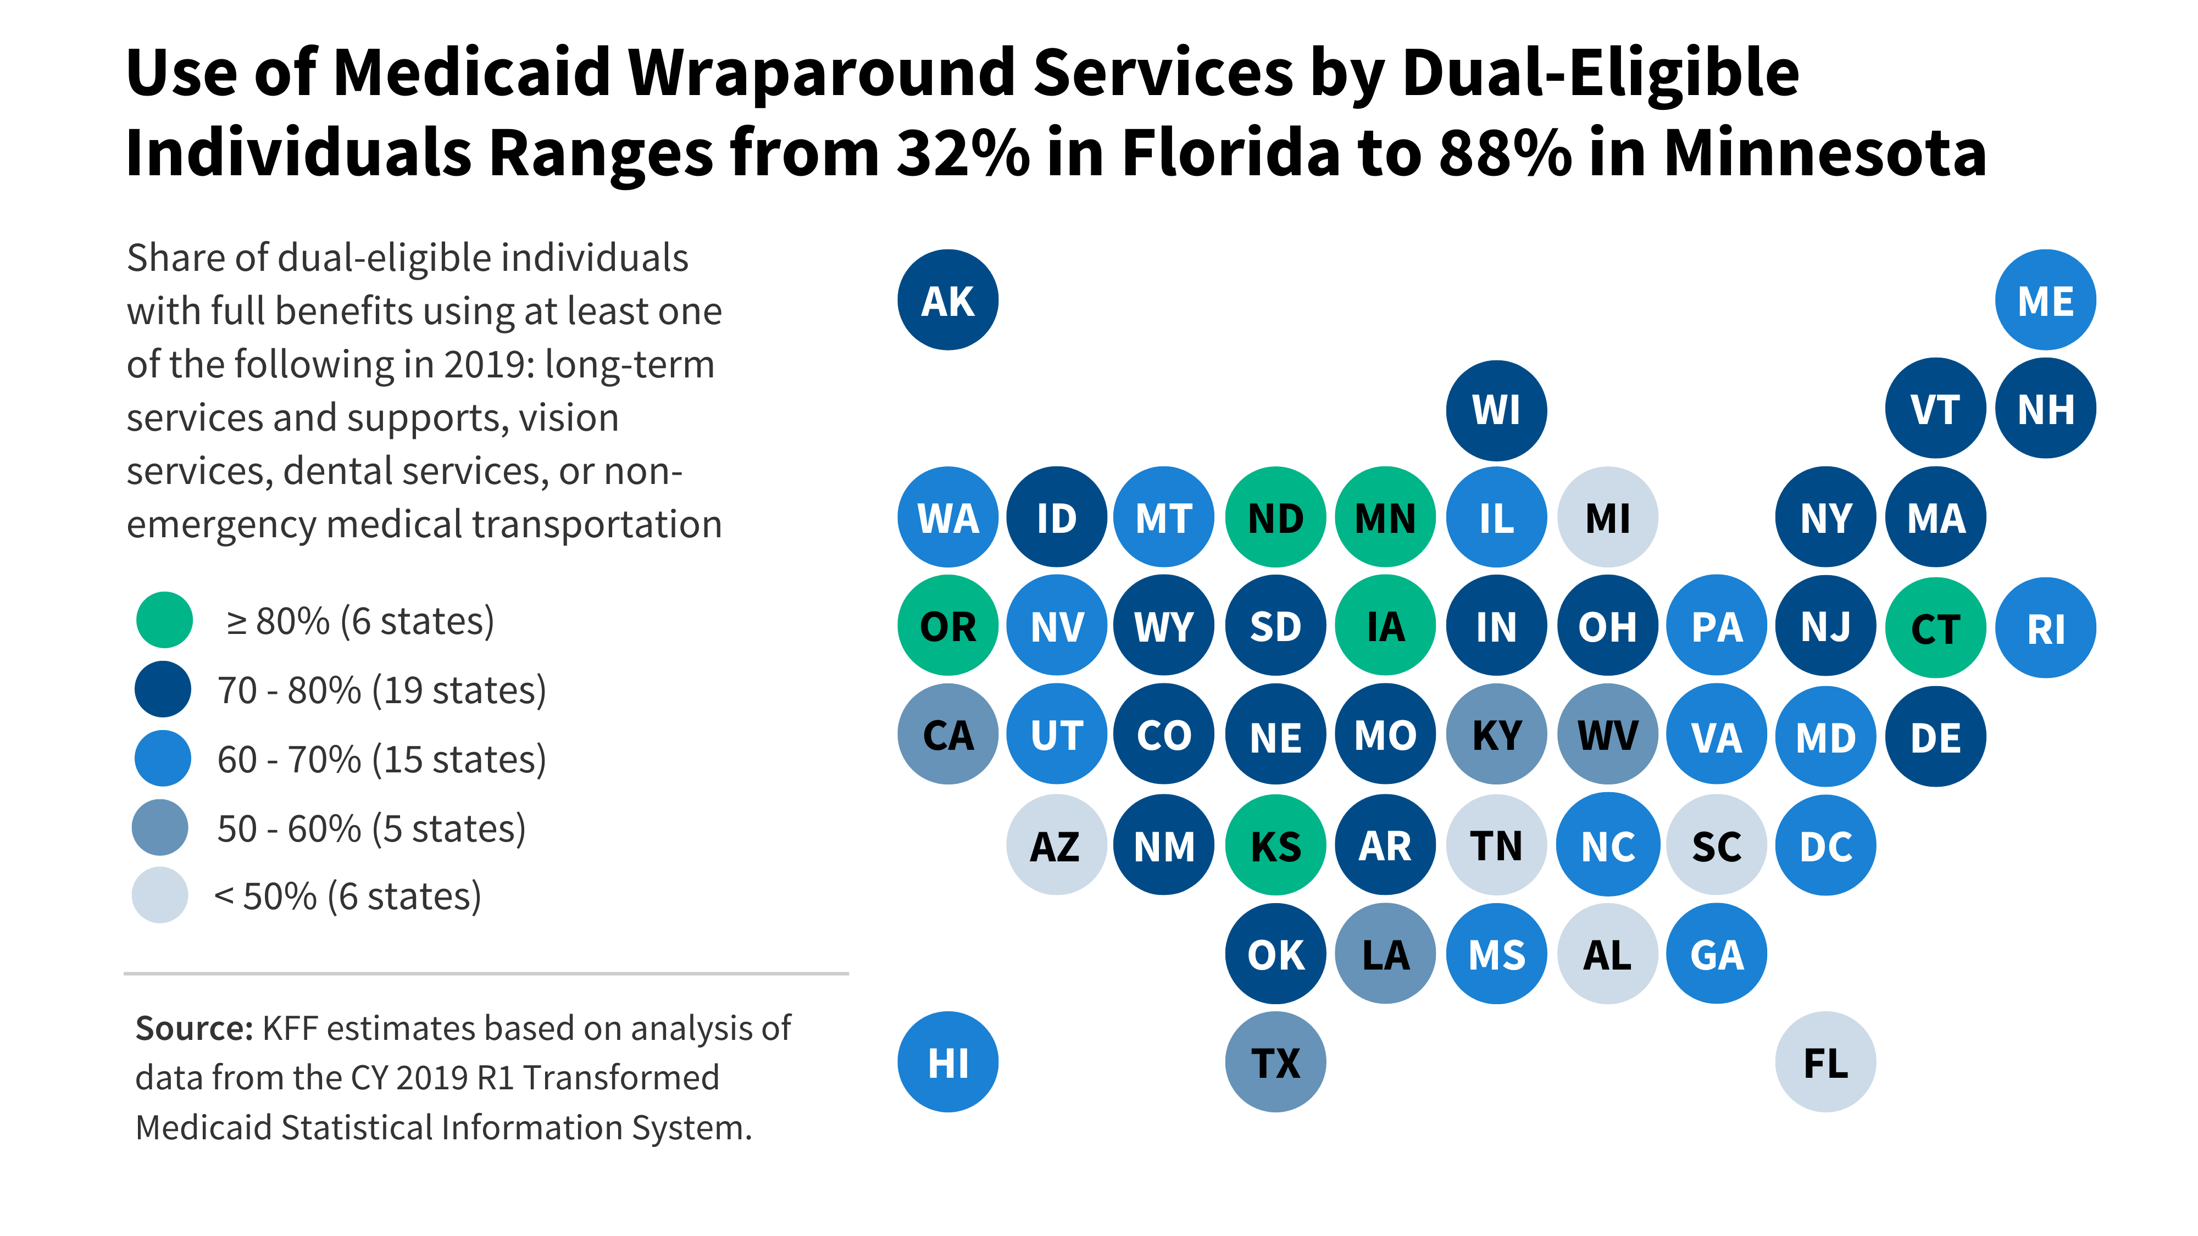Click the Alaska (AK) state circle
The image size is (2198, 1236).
coord(947,300)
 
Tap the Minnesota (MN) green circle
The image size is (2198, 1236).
coord(1385,517)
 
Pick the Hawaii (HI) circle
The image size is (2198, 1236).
coord(947,1062)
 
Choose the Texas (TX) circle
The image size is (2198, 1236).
coord(1275,1062)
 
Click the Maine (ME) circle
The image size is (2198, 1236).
coord(2045,300)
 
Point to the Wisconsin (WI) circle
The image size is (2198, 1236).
coord(1496,409)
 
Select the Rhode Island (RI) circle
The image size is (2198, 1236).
coord(2045,628)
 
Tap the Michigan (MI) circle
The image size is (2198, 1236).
coord(1607,517)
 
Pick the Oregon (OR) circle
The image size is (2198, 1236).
coord(947,626)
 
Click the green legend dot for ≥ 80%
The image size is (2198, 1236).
coord(164,620)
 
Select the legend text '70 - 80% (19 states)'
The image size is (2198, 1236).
coord(381,690)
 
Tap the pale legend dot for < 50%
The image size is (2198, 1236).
coord(159,895)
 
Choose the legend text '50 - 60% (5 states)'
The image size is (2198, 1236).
coord(371,828)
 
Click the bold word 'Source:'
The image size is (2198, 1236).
coord(193,1029)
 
